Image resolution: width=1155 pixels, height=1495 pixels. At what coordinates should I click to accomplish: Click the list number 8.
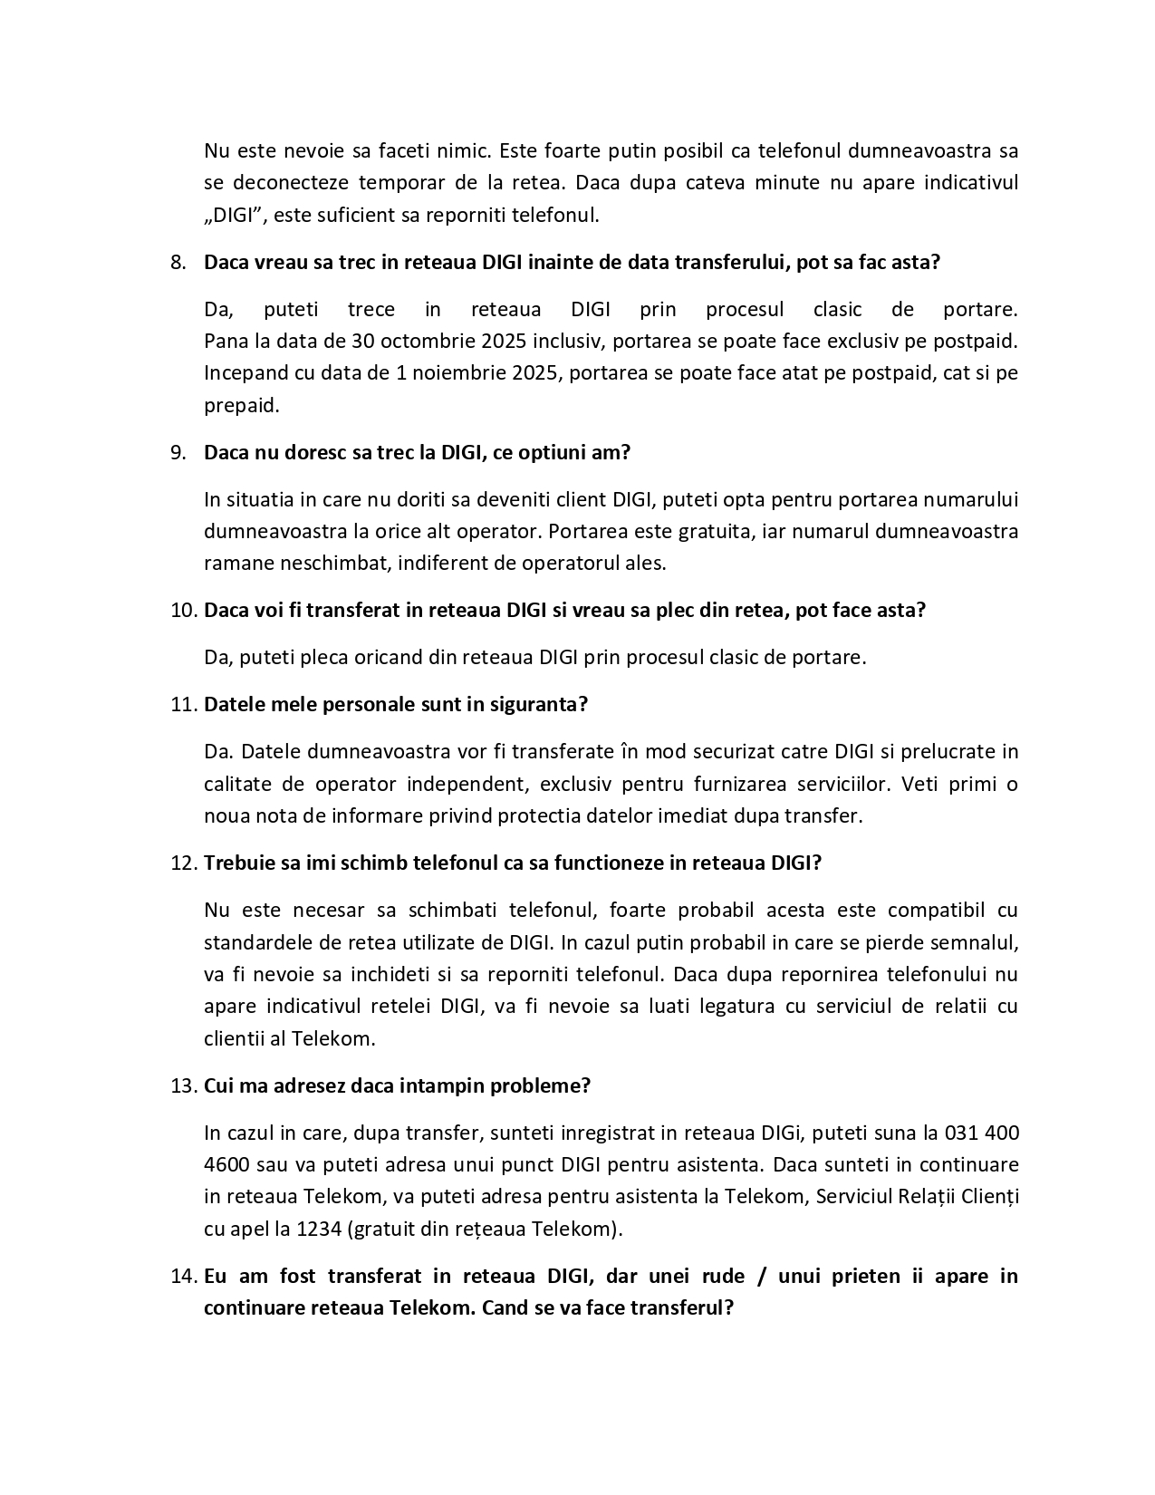pos(178,263)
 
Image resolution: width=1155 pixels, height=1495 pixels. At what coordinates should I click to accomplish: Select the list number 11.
pos(183,705)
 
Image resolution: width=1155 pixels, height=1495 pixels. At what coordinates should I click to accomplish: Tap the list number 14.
pos(183,1277)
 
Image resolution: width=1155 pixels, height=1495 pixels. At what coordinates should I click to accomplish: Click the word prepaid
pos(240,405)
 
